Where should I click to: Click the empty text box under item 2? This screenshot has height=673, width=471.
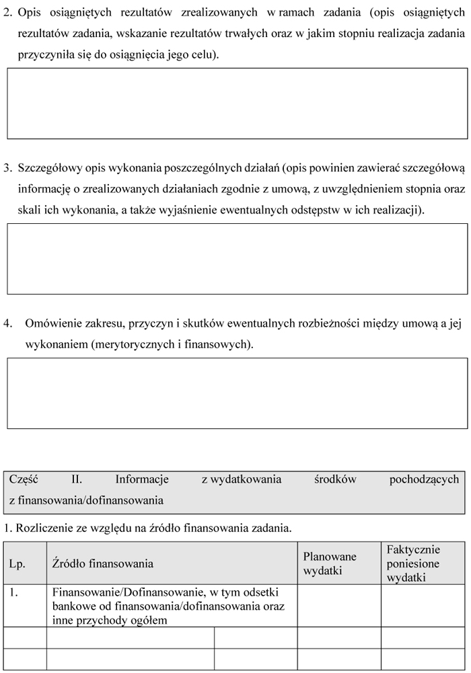(237, 103)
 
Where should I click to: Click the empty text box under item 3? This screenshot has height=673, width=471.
(237, 258)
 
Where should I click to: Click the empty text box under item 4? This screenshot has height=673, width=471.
(237, 393)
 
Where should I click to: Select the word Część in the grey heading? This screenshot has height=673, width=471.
(24, 479)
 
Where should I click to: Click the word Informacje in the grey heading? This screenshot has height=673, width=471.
(142, 479)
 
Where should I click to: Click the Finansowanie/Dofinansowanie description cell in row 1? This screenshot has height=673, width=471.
(171, 606)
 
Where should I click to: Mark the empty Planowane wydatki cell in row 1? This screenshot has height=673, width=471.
(339, 606)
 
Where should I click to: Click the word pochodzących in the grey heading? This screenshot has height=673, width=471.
(424, 479)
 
